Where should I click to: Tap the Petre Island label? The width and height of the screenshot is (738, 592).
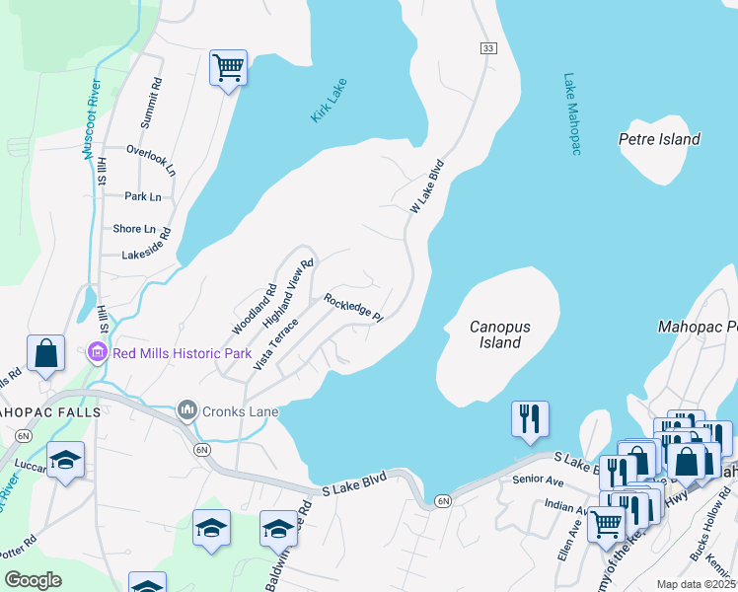[659, 139]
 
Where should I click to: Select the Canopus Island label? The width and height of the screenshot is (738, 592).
[495, 334]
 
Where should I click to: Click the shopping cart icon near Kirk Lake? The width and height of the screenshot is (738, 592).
[228, 68]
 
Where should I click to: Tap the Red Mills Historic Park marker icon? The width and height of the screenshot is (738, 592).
[97, 351]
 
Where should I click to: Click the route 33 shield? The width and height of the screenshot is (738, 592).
[488, 48]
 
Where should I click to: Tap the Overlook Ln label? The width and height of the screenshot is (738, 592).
[151, 157]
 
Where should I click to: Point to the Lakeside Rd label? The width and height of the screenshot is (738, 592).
[147, 244]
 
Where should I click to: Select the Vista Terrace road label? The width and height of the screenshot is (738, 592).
[275, 342]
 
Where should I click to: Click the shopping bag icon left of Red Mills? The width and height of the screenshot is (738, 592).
[46, 352]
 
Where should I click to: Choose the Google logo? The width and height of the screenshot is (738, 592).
[33, 581]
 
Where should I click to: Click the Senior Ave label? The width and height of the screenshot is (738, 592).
[537, 480]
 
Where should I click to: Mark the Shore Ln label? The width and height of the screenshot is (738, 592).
[134, 228]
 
